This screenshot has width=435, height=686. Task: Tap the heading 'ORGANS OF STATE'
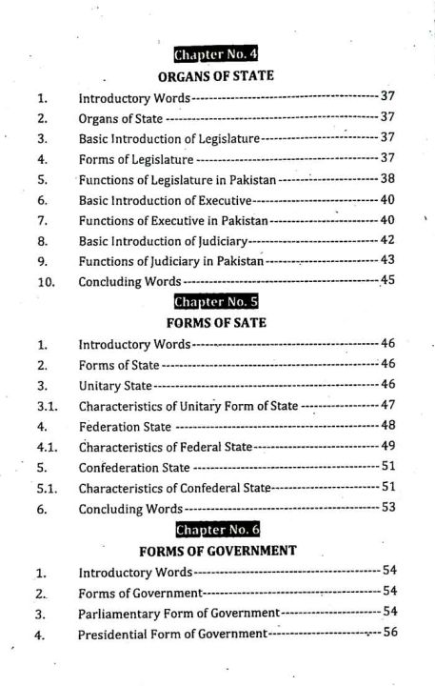coord(216,75)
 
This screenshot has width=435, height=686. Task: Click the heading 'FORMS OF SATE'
coord(215,322)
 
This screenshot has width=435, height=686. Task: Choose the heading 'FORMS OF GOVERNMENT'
coord(217,551)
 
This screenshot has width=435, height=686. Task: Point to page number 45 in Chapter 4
coord(387,280)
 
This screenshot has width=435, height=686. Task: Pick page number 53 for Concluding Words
coord(387,508)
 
